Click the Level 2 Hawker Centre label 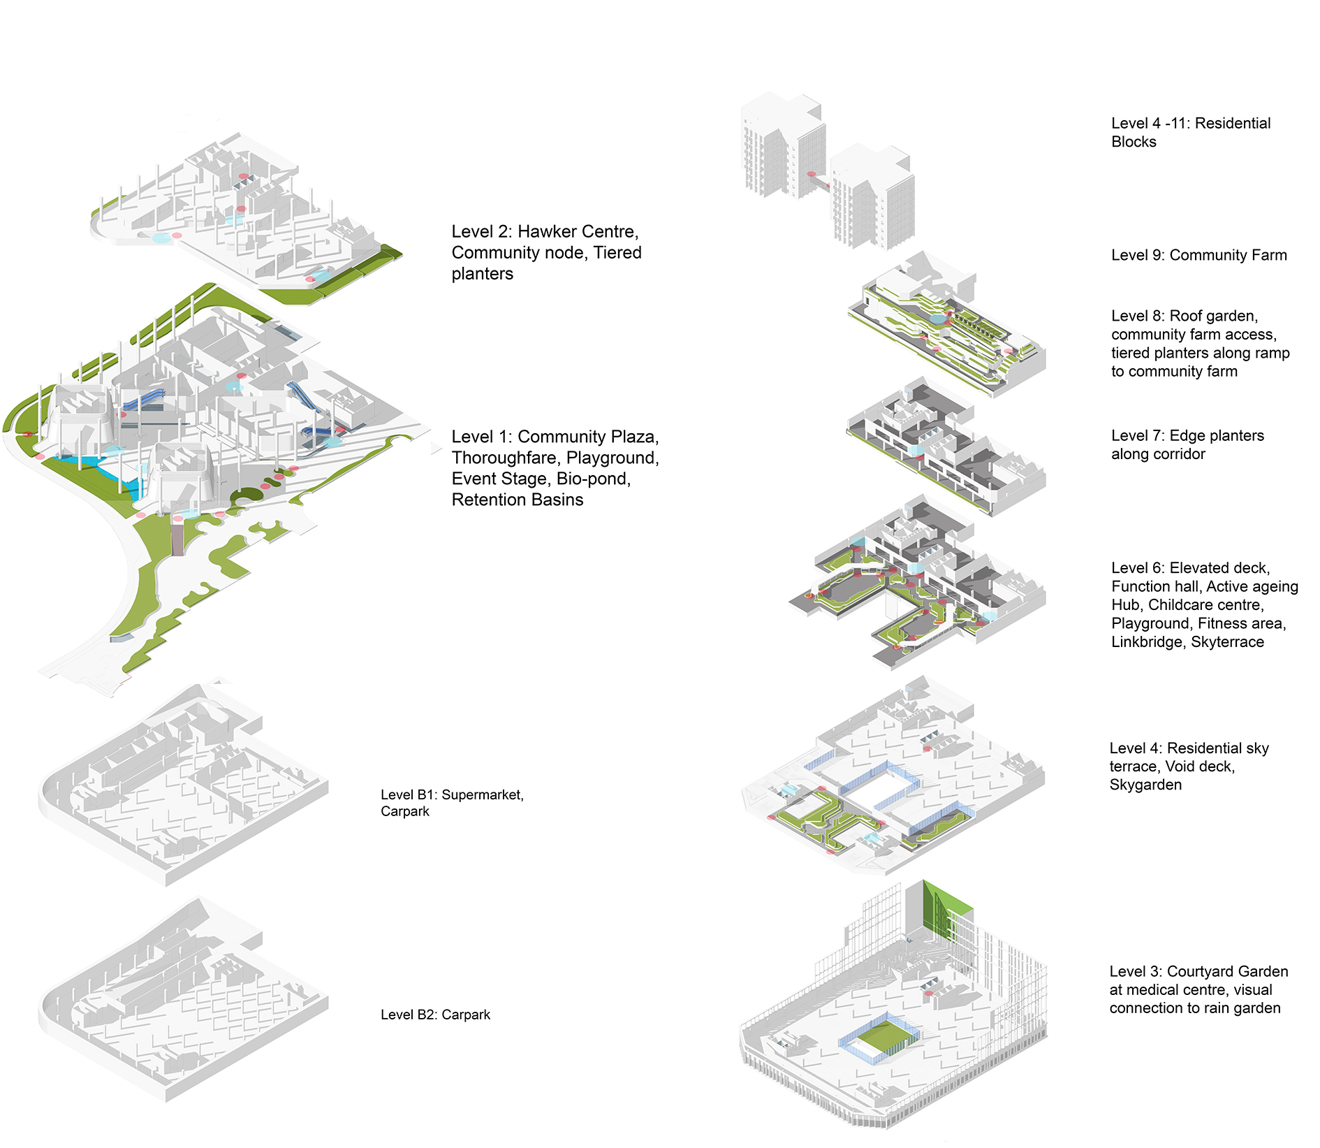point(546,252)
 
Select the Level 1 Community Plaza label point(555,468)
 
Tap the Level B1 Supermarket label point(452,803)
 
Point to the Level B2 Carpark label point(435,1015)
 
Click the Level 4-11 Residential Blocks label point(1191,132)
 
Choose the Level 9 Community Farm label point(1198,255)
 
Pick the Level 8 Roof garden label point(1200,343)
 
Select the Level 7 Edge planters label point(1187,444)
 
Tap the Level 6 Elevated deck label point(1205,604)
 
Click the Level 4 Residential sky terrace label point(1189,766)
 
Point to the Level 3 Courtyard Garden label point(1198,989)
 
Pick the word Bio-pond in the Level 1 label point(594,479)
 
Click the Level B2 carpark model point(183,999)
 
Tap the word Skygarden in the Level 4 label point(1145,785)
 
